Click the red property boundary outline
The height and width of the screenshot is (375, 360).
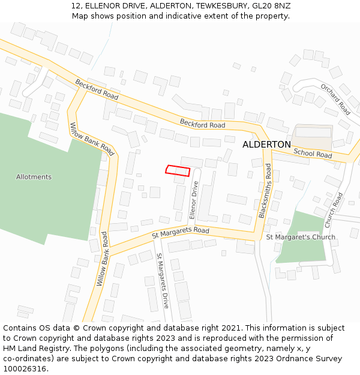[x=178, y=170]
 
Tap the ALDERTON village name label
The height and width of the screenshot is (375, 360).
[x=266, y=145]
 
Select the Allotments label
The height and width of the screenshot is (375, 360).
[x=34, y=177]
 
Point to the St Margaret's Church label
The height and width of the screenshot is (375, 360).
[x=301, y=237]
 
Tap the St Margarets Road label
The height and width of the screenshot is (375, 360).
[x=181, y=231]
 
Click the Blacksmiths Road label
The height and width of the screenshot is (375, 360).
[x=265, y=191]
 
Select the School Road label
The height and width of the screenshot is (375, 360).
[x=313, y=154]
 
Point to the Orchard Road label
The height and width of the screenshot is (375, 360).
[x=335, y=99]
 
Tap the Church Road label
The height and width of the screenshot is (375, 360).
[x=334, y=209]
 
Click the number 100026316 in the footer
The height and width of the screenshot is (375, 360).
[x=26, y=368]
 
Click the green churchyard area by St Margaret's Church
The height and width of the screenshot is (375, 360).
[x=303, y=252]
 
